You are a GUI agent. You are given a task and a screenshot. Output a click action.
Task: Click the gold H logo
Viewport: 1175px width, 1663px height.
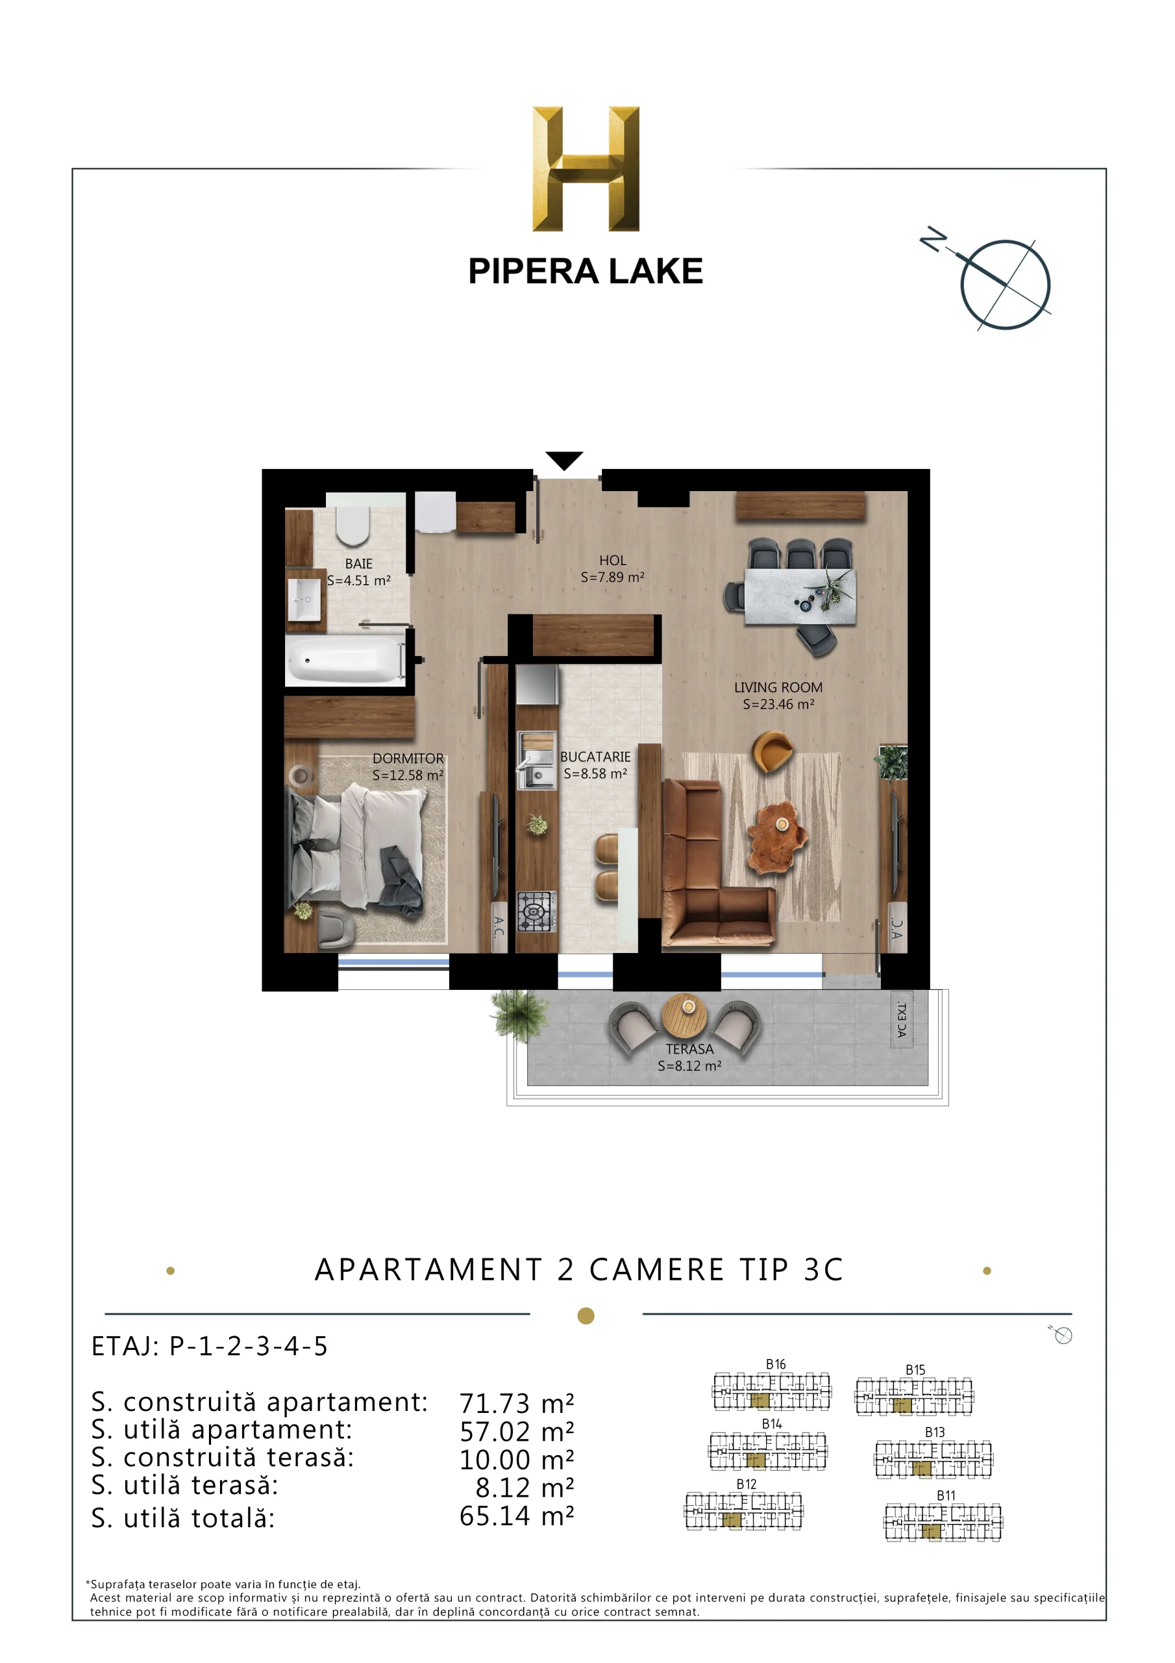(x=586, y=169)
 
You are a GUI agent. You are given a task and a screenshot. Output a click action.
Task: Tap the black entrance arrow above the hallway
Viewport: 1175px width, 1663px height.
(x=564, y=460)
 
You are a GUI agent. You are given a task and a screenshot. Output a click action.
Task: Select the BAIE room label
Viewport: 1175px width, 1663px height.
(x=358, y=563)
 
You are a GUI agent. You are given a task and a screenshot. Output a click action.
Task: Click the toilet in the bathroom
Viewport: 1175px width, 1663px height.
(x=353, y=525)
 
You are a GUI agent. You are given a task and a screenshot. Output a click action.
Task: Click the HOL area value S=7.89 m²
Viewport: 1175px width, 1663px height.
(x=612, y=578)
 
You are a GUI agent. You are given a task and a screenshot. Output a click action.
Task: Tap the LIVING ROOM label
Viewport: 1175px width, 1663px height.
(x=778, y=687)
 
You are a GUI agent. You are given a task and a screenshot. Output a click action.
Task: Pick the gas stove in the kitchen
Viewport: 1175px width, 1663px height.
(x=536, y=911)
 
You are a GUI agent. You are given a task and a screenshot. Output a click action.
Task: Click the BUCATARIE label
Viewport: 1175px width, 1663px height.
(x=595, y=756)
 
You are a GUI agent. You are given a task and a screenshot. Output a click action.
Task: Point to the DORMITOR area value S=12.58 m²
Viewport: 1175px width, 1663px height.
(x=408, y=775)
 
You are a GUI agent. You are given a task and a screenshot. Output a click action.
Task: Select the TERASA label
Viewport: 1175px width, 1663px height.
(x=689, y=1048)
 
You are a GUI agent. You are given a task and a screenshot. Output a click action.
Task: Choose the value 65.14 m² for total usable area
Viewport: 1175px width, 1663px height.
(x=516, y=1516)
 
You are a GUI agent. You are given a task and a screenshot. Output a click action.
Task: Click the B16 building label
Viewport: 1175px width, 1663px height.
(x=775, y=1364)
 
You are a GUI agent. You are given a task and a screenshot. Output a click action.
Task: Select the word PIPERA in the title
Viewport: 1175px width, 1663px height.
(x=533, y=272)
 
